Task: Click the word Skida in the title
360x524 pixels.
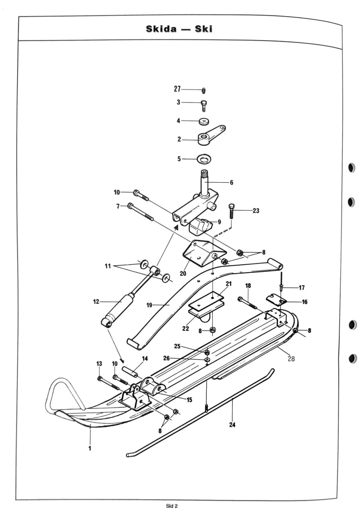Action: (x=161, y=29)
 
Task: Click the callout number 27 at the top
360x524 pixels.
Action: (x=177, y=89)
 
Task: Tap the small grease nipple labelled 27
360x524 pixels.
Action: (x=204, y=90)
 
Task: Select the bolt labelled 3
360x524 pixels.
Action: (x=204, y=106)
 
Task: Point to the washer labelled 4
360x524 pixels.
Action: (x=204, y=121)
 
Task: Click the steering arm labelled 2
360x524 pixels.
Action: (x=210, y=136)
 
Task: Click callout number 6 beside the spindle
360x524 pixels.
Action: (x=231, y=183)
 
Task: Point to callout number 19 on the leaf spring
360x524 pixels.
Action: (x=150, y=305)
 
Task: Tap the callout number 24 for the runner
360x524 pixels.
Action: (x=232, y=424)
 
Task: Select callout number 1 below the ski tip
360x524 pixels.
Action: (x=90, y=448)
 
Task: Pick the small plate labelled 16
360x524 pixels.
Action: (x=276, y=299)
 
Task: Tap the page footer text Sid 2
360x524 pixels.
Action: (x=172, y=506)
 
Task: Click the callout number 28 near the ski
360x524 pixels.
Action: (x=291, y=358)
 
